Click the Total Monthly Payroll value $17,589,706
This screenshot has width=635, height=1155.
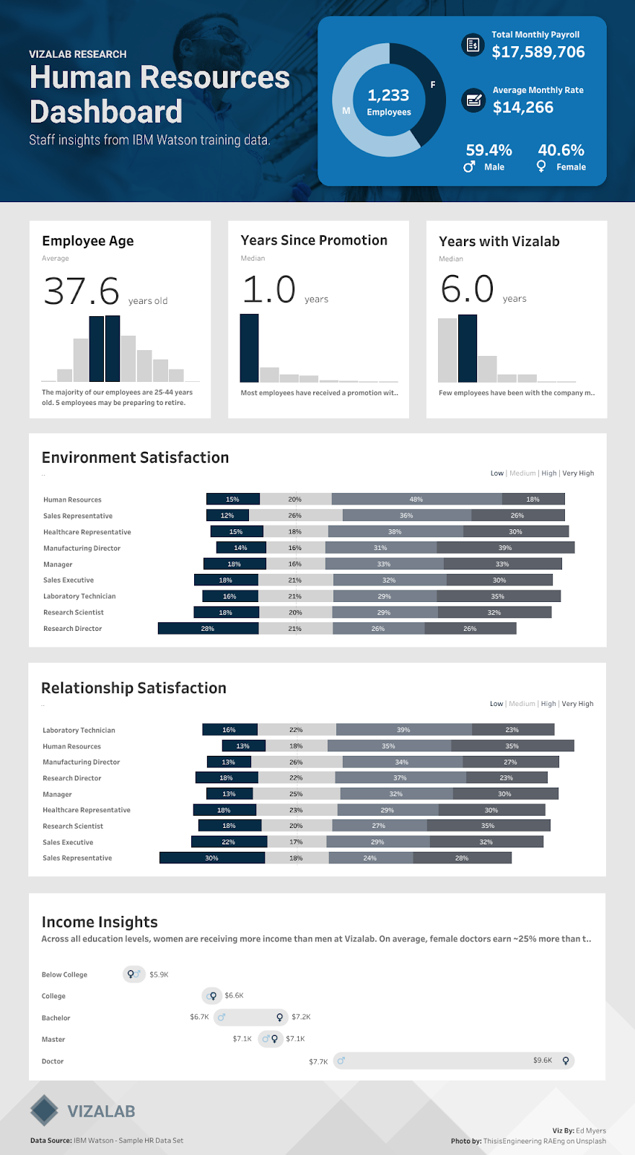point(538,52)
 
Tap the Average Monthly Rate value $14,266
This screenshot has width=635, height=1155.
point(523,108)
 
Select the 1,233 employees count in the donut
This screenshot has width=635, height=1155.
point(388,96)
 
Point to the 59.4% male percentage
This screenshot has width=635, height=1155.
point(489,150)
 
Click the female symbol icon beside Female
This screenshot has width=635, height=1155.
point(541,167)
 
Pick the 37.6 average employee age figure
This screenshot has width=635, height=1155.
point(82,291)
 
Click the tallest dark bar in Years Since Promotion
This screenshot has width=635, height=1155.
point(249,348)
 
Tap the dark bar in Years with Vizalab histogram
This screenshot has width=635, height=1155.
point(468,349)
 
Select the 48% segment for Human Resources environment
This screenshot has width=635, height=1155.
point(416,499)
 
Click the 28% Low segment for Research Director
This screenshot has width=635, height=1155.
point(208,629)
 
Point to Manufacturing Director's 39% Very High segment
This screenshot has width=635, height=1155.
point(505,548)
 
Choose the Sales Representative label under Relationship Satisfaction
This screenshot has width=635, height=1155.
point(77,858)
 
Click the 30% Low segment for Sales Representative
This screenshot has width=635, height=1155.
point(211,858)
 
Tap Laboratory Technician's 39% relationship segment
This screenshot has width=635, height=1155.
point(403,730)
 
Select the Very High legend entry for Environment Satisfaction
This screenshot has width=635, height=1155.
point(578,474)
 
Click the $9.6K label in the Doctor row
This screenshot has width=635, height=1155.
point(543,1060)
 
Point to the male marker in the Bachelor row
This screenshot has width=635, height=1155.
point(222,1017)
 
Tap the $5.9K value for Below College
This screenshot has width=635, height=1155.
point(159,975)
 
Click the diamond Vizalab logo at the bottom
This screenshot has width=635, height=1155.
point(45,1110)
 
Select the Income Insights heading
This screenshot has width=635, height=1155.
point(100,922)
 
